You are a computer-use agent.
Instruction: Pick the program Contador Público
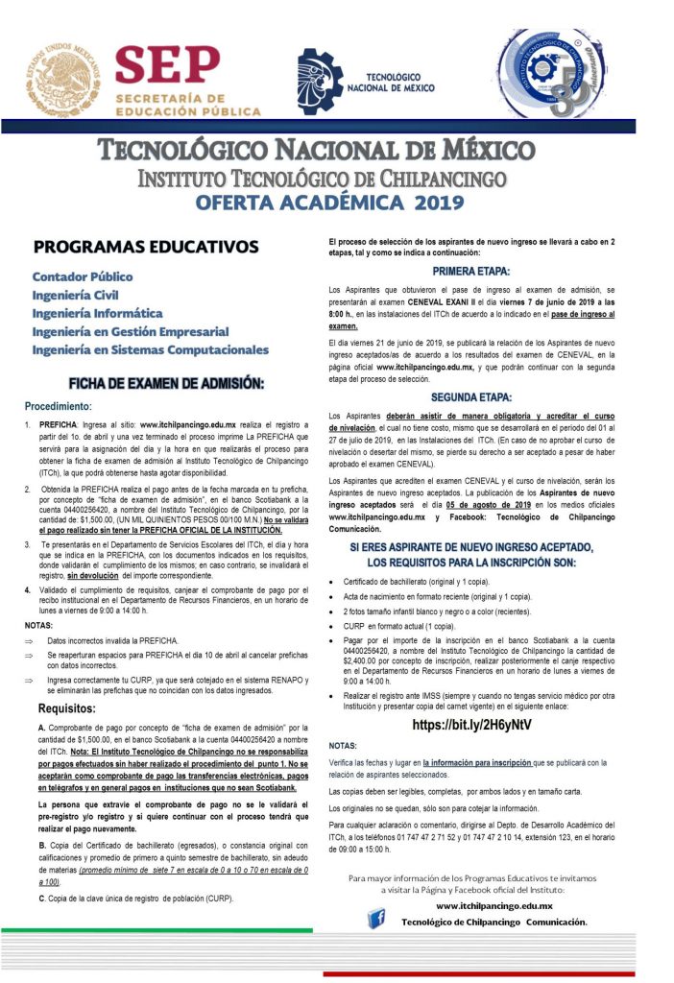(x=83, y=276)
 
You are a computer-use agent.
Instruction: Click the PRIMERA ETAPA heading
(x=470, y=272)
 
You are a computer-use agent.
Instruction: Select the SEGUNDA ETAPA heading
(x=470, y=396)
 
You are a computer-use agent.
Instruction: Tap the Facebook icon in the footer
(x=377, y=921)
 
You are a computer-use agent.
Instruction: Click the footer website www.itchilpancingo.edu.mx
(x=493, y=905)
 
